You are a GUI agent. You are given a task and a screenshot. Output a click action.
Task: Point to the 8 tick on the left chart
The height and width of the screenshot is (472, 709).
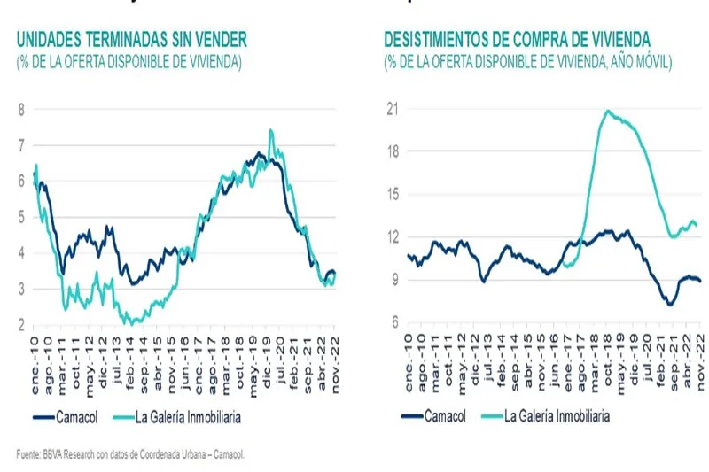(21, 109)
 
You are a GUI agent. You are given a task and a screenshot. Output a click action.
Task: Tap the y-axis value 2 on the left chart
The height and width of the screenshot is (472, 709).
(21, 325)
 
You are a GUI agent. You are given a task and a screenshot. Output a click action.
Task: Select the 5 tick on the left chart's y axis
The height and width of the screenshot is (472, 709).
(21, 217)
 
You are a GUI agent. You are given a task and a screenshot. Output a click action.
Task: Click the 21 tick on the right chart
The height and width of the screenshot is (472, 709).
(391, 109)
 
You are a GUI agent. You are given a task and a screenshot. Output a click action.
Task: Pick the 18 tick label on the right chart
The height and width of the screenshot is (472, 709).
(391, 151)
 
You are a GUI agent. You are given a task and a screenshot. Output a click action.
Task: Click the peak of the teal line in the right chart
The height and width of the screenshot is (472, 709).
(607, 112)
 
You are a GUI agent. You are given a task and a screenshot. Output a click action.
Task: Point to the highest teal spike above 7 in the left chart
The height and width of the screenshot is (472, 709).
(270, 130)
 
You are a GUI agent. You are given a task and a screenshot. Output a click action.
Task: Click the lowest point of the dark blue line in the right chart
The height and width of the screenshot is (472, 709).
(670, 304)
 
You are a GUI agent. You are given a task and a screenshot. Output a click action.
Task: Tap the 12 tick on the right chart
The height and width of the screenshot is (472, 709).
(391, 237)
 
